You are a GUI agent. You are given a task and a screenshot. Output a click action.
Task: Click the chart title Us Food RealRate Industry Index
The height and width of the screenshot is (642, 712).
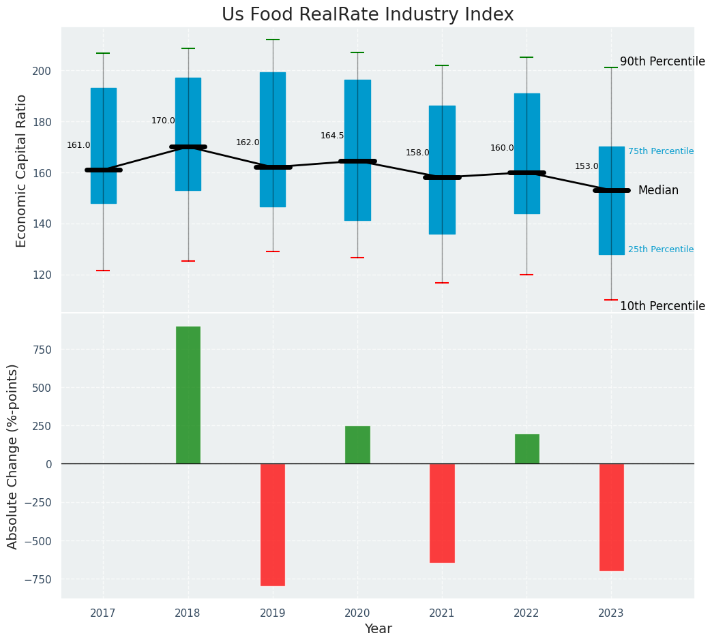[368, 15]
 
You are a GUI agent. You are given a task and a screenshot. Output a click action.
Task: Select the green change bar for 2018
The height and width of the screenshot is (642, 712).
[188, 395]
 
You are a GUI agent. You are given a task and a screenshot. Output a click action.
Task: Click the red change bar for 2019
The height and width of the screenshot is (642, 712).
[273, 525]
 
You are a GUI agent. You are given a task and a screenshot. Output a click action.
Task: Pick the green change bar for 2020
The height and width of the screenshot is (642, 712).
[357, 445]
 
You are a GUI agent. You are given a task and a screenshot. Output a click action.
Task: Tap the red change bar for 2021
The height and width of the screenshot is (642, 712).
[442, 513]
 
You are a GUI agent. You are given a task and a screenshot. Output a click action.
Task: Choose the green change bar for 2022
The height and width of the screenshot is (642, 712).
[526, 449]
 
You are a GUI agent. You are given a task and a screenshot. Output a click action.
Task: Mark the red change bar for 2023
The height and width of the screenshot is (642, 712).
[611, 517]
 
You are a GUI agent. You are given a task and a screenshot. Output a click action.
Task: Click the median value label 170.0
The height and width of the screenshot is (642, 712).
[163, 121]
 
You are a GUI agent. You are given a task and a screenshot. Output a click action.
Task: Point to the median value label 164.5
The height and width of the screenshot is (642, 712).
[332, 136]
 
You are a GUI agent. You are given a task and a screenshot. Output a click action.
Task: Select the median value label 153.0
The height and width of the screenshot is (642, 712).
[587, 166]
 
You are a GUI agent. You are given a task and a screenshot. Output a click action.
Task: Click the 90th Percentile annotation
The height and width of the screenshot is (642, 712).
[662, 61]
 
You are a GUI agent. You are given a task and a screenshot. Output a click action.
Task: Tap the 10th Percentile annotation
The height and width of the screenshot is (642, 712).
[662, 306]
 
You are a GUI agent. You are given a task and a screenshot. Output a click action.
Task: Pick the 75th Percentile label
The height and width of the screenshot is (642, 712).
[660, 151]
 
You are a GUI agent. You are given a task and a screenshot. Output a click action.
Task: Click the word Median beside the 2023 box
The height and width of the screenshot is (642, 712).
[658, 191]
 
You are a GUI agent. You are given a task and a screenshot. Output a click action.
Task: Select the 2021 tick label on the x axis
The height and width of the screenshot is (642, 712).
[442, 613]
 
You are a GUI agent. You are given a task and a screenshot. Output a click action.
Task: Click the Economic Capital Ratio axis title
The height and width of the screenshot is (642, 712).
[22, 170]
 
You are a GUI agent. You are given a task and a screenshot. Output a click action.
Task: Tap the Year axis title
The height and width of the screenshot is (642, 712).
[378, 629]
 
